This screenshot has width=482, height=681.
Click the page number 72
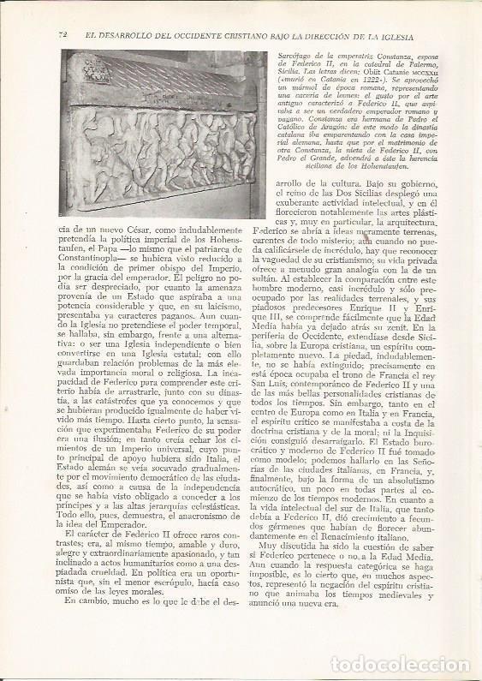click(62, 35)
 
